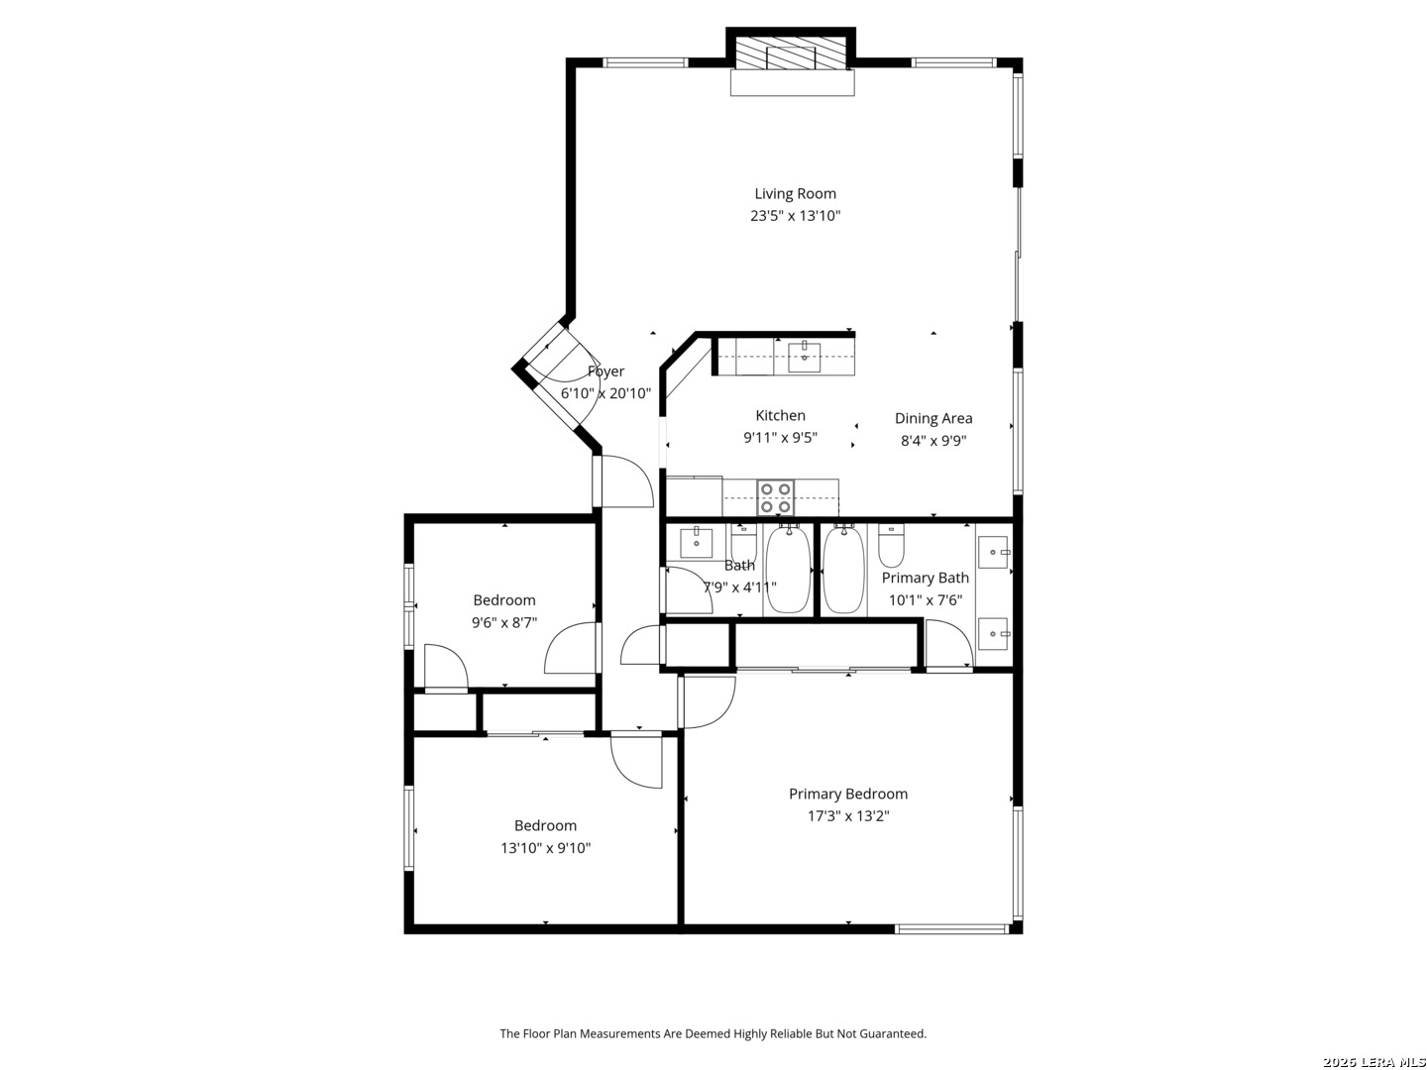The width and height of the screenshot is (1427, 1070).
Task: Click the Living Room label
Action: click(x=795, y=193)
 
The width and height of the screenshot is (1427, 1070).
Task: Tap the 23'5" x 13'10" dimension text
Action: click(x=795, y=216)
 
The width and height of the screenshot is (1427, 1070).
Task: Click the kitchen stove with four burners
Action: click(x=776, y=497)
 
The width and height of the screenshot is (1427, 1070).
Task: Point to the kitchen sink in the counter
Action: click(x=805, y=357)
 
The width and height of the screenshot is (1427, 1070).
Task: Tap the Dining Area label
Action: click(x=933, y=418)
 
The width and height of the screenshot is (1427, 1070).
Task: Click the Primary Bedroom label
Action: click(x=847, y=794)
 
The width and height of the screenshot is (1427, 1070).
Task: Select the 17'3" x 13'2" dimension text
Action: click(x=847, y=816)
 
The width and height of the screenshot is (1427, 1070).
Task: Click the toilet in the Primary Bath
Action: click(x=891, y=545)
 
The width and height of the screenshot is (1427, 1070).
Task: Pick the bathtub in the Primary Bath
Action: click(x=844, y=569)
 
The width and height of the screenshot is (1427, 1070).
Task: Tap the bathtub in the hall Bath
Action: click(x=789, y=569)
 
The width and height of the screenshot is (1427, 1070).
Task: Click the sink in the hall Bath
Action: click(x=696, y=543)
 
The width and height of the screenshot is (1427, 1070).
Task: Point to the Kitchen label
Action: click(x=780, y=416)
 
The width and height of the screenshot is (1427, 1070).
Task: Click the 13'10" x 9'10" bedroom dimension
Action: click(x=545, y=848)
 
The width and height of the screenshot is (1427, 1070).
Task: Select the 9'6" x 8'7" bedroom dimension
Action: click(x=503, y=622)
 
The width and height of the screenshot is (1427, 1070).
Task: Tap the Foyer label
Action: click(x=605, y=372)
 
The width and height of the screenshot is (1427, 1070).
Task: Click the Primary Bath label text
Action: click(x=925, y=578)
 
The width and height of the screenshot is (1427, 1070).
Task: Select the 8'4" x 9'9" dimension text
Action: click(x=933, y=441)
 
